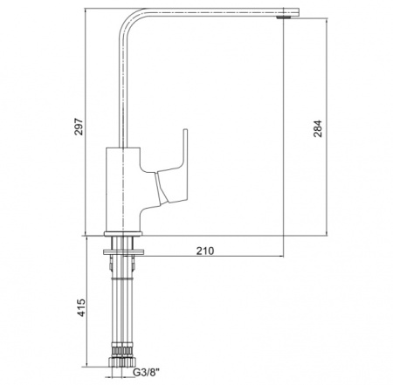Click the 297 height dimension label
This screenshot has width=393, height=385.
(x=79, y=127)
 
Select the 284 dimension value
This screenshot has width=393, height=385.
(x=318, y=128)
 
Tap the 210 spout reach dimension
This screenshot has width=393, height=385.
(x=205, y=251)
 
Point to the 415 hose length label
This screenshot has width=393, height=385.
(x=81, y=307)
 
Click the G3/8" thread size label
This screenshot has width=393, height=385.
(x=147, y=372)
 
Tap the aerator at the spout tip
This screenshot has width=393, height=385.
(x=283, y=18)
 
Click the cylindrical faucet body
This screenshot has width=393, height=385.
(x=123, y=189)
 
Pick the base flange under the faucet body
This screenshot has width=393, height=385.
(x=123, y=234)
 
